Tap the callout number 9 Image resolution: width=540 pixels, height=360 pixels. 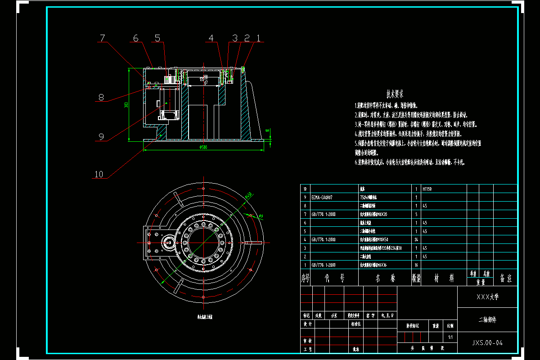tap(101, 136)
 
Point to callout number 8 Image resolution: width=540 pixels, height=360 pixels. tap(101, 97)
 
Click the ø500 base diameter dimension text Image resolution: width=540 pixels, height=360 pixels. tap(202, 147)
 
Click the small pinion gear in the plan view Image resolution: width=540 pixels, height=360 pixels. tap(169, 243)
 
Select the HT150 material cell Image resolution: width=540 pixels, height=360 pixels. tap(428, 189)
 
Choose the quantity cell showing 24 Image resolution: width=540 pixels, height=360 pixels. tap(416, 239)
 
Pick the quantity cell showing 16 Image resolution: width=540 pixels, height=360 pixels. tap(416, 265)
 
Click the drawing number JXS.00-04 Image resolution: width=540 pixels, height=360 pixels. tap(487, 343)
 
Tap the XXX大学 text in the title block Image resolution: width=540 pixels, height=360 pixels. tap(487, 297)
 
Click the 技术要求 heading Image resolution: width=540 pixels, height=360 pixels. tap(395, 94)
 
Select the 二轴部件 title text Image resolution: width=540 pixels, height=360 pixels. tap(487, 320)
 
